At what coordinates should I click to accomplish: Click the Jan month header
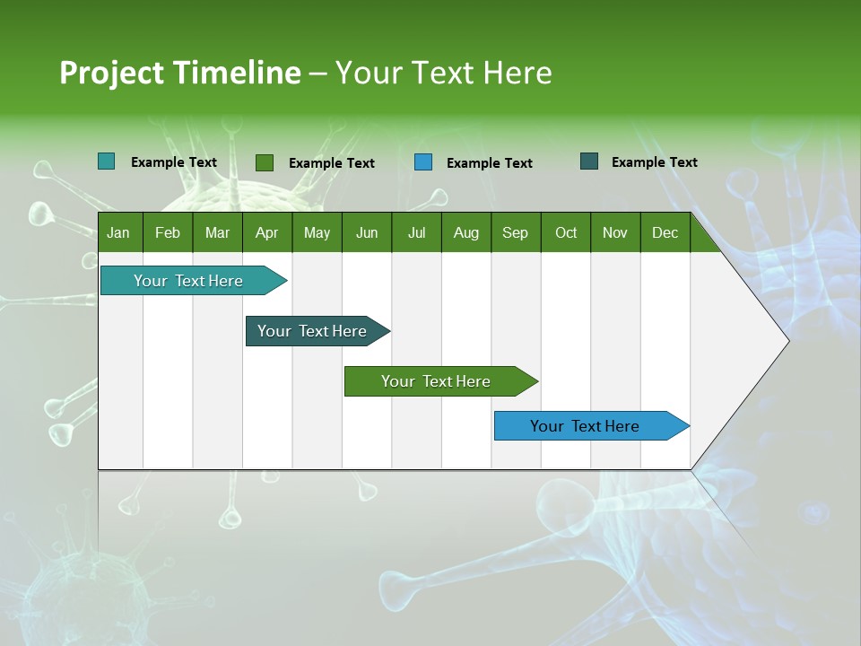[x=118, y=232]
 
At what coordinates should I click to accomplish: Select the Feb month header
[x=168, y=232]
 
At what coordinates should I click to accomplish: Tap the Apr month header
[x=266, y=232]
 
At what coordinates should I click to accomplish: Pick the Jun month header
[x=367, y=232]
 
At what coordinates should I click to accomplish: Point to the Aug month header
[x=466, y=232]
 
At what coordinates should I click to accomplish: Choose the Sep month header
[x=516, y=232]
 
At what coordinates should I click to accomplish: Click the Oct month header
[x=566, y=232]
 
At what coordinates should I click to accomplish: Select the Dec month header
[x=665, y=232]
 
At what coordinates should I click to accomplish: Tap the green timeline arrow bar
[x=437, y=381]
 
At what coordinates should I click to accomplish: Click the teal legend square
[x=106, y=161]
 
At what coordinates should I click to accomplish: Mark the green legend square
[x=265, y=162]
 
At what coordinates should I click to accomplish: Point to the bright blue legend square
[x=423, y=162]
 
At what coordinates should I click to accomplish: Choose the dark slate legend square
[x=589, y=161]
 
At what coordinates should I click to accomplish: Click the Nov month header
[x=615, y=232]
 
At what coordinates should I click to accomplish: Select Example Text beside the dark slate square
[x=654, y=162]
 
